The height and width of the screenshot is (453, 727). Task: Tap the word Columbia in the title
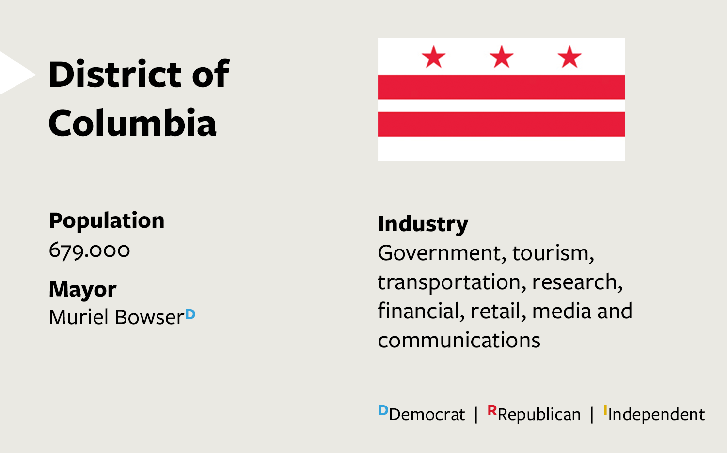pyautogui.click(x=132, y=123)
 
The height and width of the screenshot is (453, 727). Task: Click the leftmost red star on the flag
pyautogui.click(x=434, y=57)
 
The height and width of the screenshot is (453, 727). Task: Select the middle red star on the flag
pyautogui.click(x=502, y=57)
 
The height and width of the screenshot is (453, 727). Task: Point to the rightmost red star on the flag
pyautogui.click(x=569, y=57)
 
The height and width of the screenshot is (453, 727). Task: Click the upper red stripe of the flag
pyautogui.click(x=502, y=87)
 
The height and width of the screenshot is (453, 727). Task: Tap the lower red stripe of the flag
pyautogui.click(x=502, y=124)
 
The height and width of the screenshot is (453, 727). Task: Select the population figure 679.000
pyautogui.click(x=90, y=250)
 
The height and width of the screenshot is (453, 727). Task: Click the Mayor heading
pyautogui.click(x=83, y=289)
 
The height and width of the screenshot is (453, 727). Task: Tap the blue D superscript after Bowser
pyautogui.click(x=190, y=314)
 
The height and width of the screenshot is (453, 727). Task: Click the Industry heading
pyautogui.click(x=423, y=224)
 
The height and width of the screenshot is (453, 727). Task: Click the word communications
pyautogui.click(x=459, y=340)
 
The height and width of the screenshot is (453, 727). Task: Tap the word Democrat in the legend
pyautogui.click(x=427, y=414)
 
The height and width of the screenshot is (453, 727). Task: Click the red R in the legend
pyautogui.click(x=492, y=410)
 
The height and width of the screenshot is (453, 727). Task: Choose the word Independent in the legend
pyautogui.click(x=656, y=415)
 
